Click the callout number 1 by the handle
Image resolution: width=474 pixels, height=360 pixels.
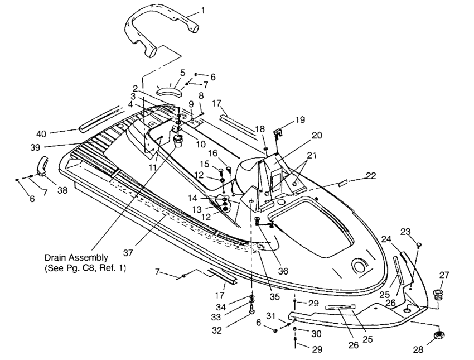[202, 11]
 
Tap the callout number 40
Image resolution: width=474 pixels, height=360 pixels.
[41, 134]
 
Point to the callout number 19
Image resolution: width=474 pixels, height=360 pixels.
[300, 119]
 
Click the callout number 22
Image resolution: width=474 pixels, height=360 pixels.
[371, 175]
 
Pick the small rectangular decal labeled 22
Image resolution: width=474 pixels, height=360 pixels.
[343, 183]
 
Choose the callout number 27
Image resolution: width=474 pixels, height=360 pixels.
[444, 275]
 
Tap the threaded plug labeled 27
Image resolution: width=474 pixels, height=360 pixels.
[437, 294]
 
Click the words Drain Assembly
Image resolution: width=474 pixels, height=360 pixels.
[76, 258]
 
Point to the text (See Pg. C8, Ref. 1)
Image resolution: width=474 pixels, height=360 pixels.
[85, 268]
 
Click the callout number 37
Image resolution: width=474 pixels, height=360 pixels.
[128, 253]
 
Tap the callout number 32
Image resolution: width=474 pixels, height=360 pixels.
[217, 330]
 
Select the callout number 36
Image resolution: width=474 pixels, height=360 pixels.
[283, 271]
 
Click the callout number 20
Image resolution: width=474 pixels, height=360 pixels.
[317, 135]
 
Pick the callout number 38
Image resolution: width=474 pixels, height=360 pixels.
[62, 190]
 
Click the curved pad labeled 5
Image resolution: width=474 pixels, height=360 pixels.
[170, 90]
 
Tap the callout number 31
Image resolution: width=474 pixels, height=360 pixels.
[271, 316]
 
